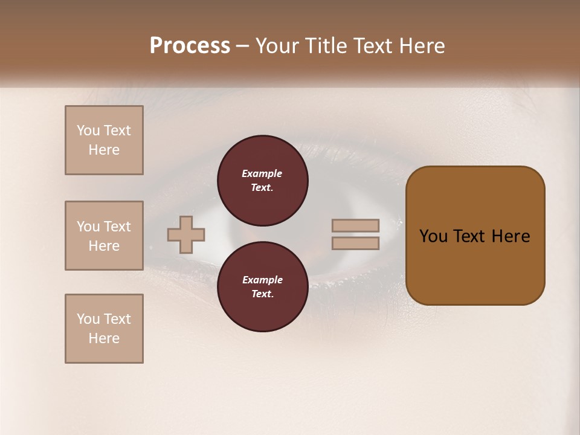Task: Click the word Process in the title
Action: click(190, 45)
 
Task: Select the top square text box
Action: click(104, 140)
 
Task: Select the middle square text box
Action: click(104, 236)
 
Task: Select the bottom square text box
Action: click(104, 329)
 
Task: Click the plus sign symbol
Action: click(186, 234)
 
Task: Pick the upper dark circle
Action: click(263, 180)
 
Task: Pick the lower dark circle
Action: click(263, 286)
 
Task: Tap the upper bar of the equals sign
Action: click(355, 225)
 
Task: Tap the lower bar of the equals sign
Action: click(355, 243)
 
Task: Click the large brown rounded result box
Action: click(475, 266)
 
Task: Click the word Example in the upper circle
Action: click(262, 173)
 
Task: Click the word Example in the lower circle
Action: click(262, 280)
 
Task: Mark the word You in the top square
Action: click(88, 130)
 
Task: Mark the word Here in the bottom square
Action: click(104, 338)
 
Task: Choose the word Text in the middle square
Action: click(117, 227)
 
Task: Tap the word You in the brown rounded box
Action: click(434, 236)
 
